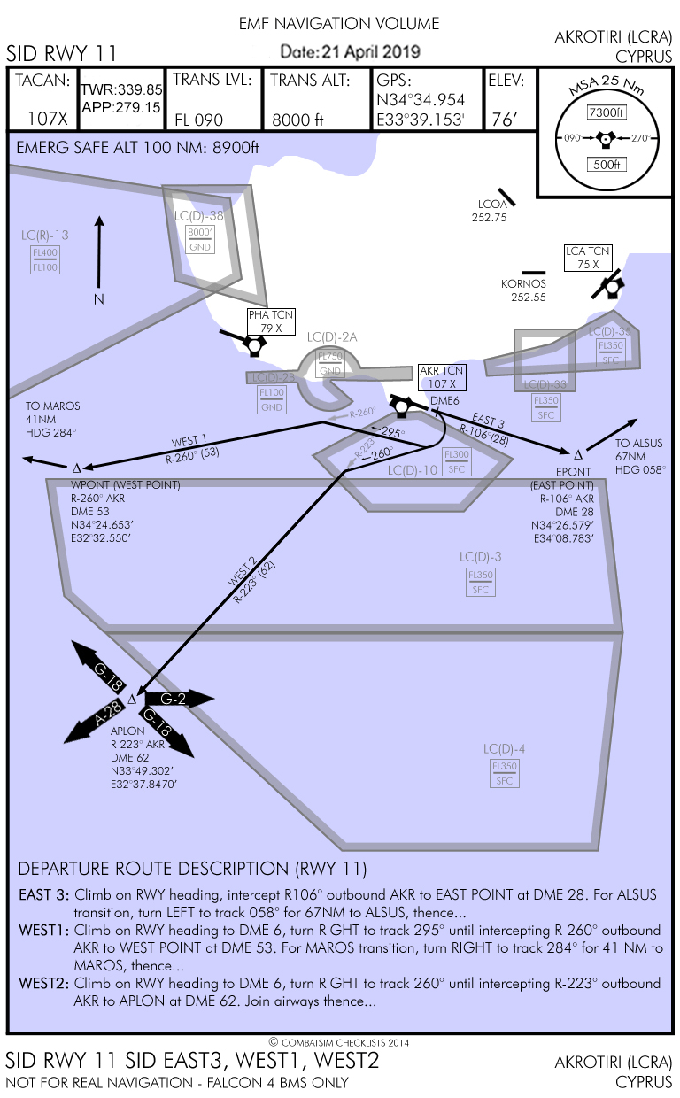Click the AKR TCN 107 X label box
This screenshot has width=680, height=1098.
[x=442, y=378]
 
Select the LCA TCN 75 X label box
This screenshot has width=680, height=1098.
[x=588, y=258]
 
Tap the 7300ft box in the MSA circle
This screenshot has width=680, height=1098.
[x=607, y=112]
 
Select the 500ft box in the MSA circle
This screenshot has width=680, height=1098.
[x=607, y=164]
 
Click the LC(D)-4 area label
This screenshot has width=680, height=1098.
[x=505, y=749]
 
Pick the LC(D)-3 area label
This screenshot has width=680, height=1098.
[x=481, y=556]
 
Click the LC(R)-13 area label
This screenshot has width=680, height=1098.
[x=45, y=235]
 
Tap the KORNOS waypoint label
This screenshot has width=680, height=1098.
[x=523, y=283]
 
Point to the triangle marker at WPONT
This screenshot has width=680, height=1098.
[x=76, y=468]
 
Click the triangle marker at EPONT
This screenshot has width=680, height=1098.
[x=578, y=452]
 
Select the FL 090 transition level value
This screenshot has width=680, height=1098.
[x=198, y=120]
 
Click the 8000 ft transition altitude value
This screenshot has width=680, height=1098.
[x=298, y=120]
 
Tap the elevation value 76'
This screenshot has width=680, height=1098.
[x=503, y=120]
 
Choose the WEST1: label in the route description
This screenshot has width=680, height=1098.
[x=43, y=931]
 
